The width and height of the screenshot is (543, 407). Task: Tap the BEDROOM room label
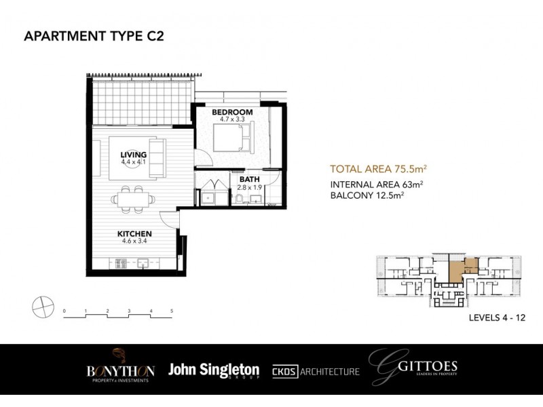[231, 112]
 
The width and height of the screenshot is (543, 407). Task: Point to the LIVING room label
[133, 155]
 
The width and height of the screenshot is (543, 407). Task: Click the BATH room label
[249, 180]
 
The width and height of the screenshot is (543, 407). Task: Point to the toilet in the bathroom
[240, 198]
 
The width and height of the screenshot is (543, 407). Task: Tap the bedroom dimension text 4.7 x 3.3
[231, 119]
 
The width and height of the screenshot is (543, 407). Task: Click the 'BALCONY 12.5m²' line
[367, 195]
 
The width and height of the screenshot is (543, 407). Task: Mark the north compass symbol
[42, 306]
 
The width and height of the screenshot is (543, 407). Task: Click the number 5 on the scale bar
[172, 311]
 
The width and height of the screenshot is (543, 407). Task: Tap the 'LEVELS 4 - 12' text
[497, 317]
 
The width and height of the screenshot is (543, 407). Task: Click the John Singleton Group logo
[214, 371]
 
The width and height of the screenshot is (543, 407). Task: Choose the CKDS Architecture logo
[316, 372]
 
